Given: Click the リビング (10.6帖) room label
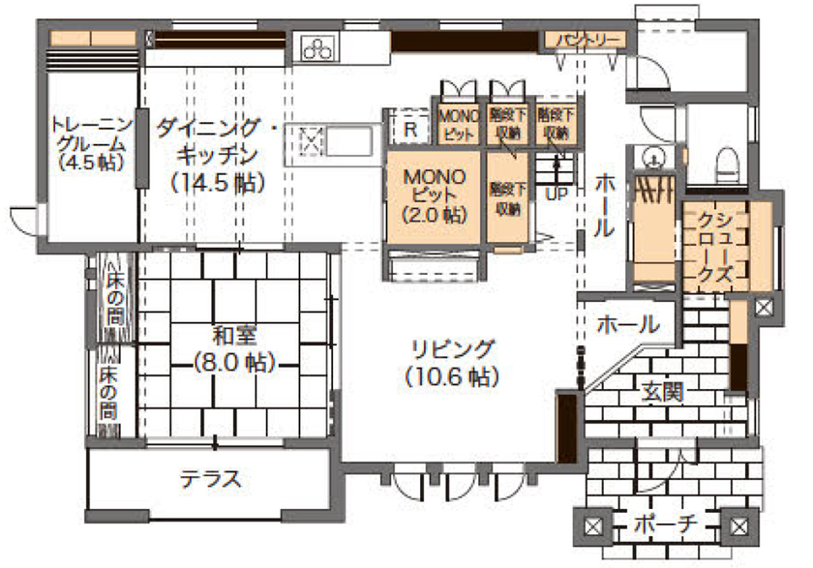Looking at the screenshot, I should pyautogui.click(x=452, y=359).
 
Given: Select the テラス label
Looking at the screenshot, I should pyautogui.click(x=210, y=478).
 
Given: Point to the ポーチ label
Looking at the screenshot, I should pyautogui.click(x=666, y=525).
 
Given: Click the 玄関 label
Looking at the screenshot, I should pyautogui.click(x=663, y=392).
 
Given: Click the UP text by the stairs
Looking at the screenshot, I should pyautogui.click(x=557, y=193).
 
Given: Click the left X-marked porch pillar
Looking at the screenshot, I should pyautogui.click(x=592, y=527).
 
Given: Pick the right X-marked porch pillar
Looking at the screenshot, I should pyautogui.click(x=739, y=527).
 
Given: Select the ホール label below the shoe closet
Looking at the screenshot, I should pyautogui.click(x=627, y=324).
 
